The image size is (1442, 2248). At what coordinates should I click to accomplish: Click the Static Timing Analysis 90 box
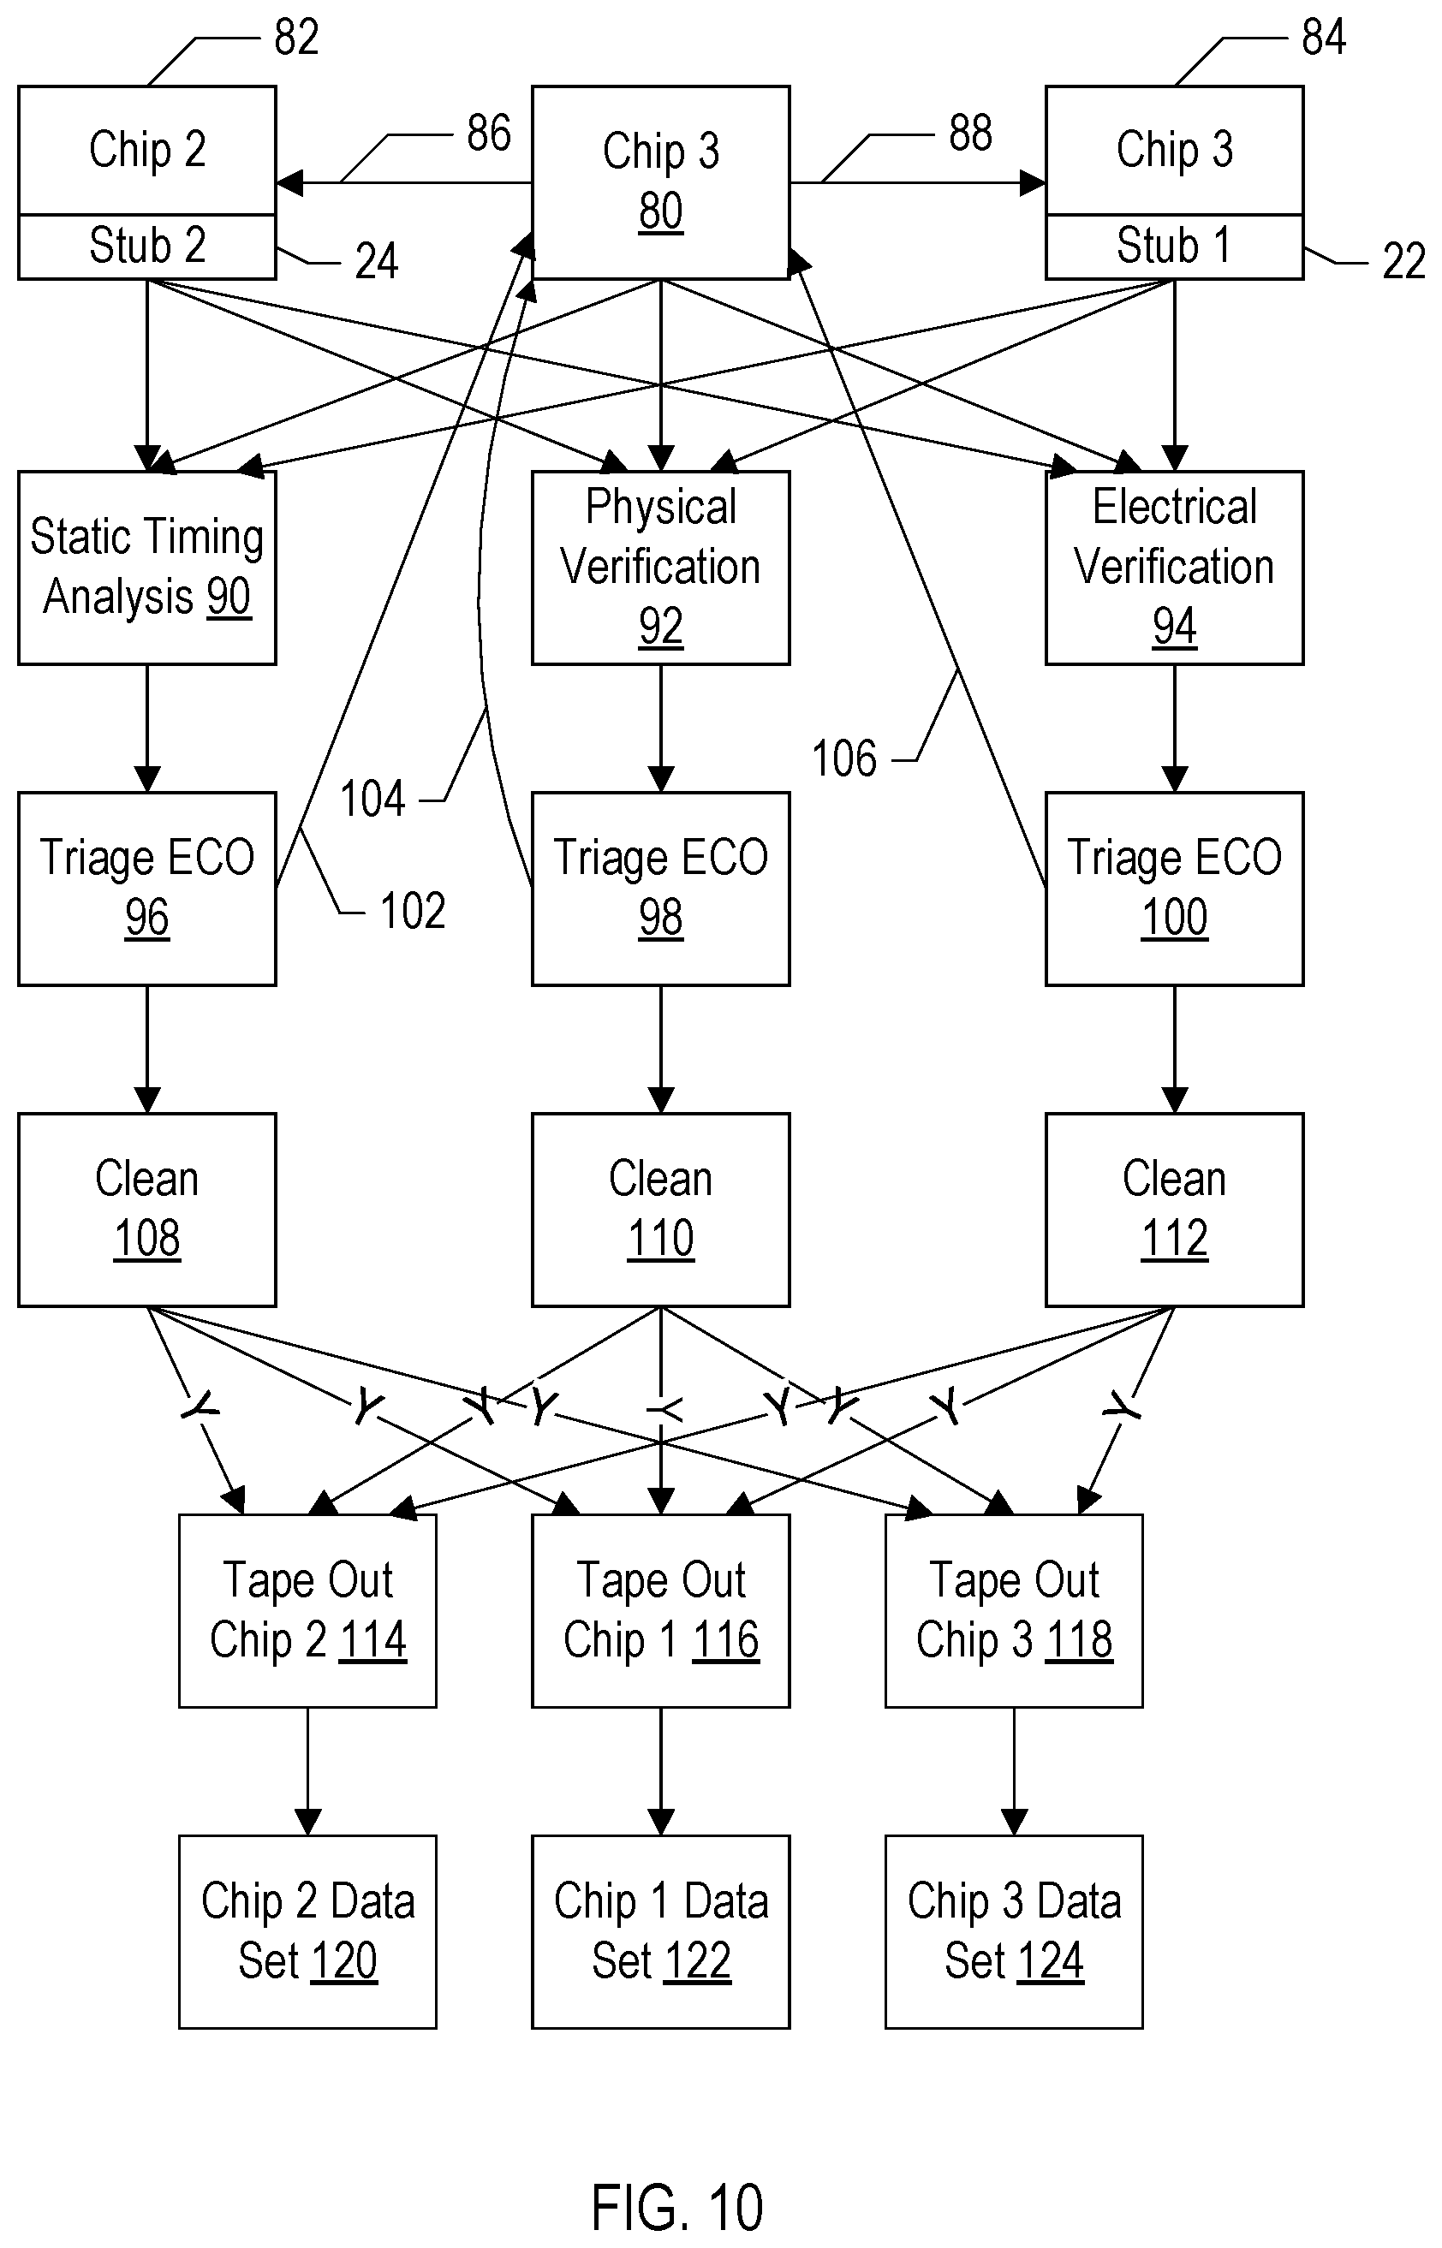[x=147, y=568]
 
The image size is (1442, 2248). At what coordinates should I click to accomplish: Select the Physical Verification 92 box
[x=661, y=568]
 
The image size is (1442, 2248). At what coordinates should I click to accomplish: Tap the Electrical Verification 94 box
[x=1174, y=568]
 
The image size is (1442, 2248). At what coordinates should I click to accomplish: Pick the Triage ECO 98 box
[x=661, y=889]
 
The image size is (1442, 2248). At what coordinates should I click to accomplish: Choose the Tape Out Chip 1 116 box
[x=661, y=1610]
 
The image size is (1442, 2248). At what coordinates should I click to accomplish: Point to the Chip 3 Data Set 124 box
[x=1014, y=1931]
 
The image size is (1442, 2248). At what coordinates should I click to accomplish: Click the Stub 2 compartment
[x=147, y=247]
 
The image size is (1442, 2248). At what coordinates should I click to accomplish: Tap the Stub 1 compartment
[x=1174, y=247]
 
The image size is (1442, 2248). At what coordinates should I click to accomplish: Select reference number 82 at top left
[x=296, y=38]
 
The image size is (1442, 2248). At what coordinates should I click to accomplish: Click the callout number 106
[x=843, y=758]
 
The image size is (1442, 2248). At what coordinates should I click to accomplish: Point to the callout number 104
[x=372, y=800]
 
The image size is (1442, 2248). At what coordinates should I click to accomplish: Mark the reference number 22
[x=1403, y=261]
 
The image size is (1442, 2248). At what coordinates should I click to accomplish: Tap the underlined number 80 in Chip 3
[x=661, y=211]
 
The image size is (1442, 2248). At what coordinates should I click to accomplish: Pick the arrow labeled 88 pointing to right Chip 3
[x=918, y=182]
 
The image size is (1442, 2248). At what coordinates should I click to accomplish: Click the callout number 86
[x=489, y=133]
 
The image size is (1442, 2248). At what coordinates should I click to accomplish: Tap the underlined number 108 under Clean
[x=147, y=1239]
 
